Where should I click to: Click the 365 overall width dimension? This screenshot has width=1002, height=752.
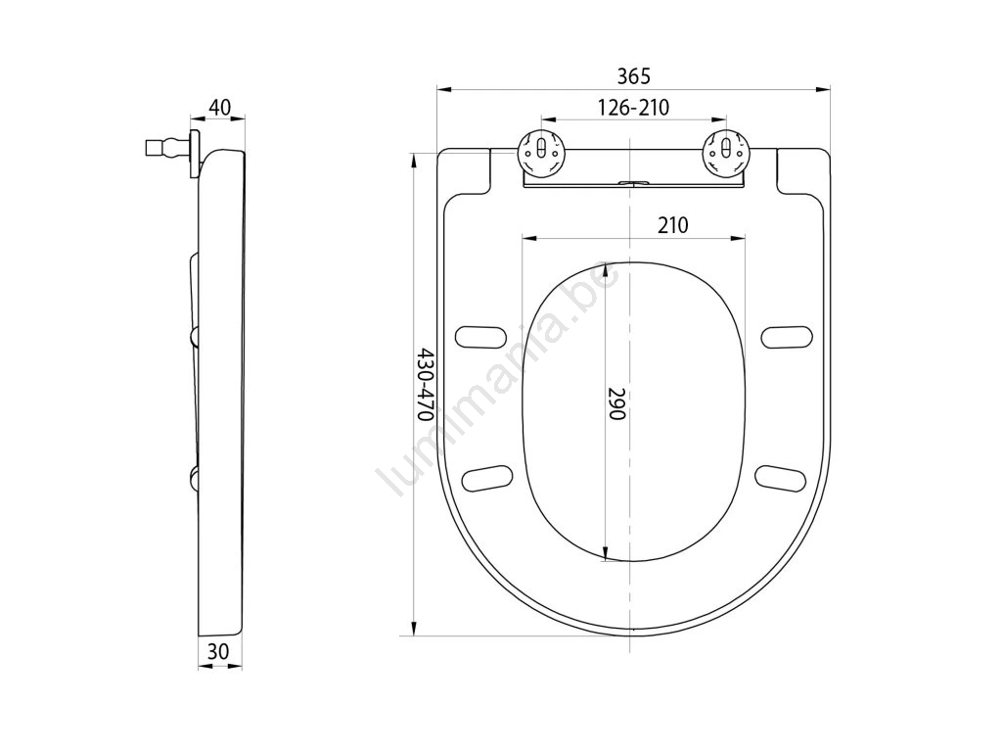click(x=633, y=76)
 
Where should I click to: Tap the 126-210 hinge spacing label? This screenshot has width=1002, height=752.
click(x=633, y=108)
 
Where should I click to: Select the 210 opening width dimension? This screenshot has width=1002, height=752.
click(x=673, y=225)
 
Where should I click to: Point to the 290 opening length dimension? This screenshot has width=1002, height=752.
click(x=615, y=403)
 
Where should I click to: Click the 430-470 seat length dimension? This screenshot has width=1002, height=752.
click(x=427, y=384)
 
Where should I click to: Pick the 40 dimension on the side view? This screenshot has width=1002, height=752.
click(x=219, y=108)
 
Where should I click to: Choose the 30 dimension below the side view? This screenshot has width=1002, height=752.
click(x=218, y=651)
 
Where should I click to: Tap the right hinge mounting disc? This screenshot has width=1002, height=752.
click(x=724, y=151)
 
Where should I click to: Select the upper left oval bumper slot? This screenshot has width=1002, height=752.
click(x=480, y=337)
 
